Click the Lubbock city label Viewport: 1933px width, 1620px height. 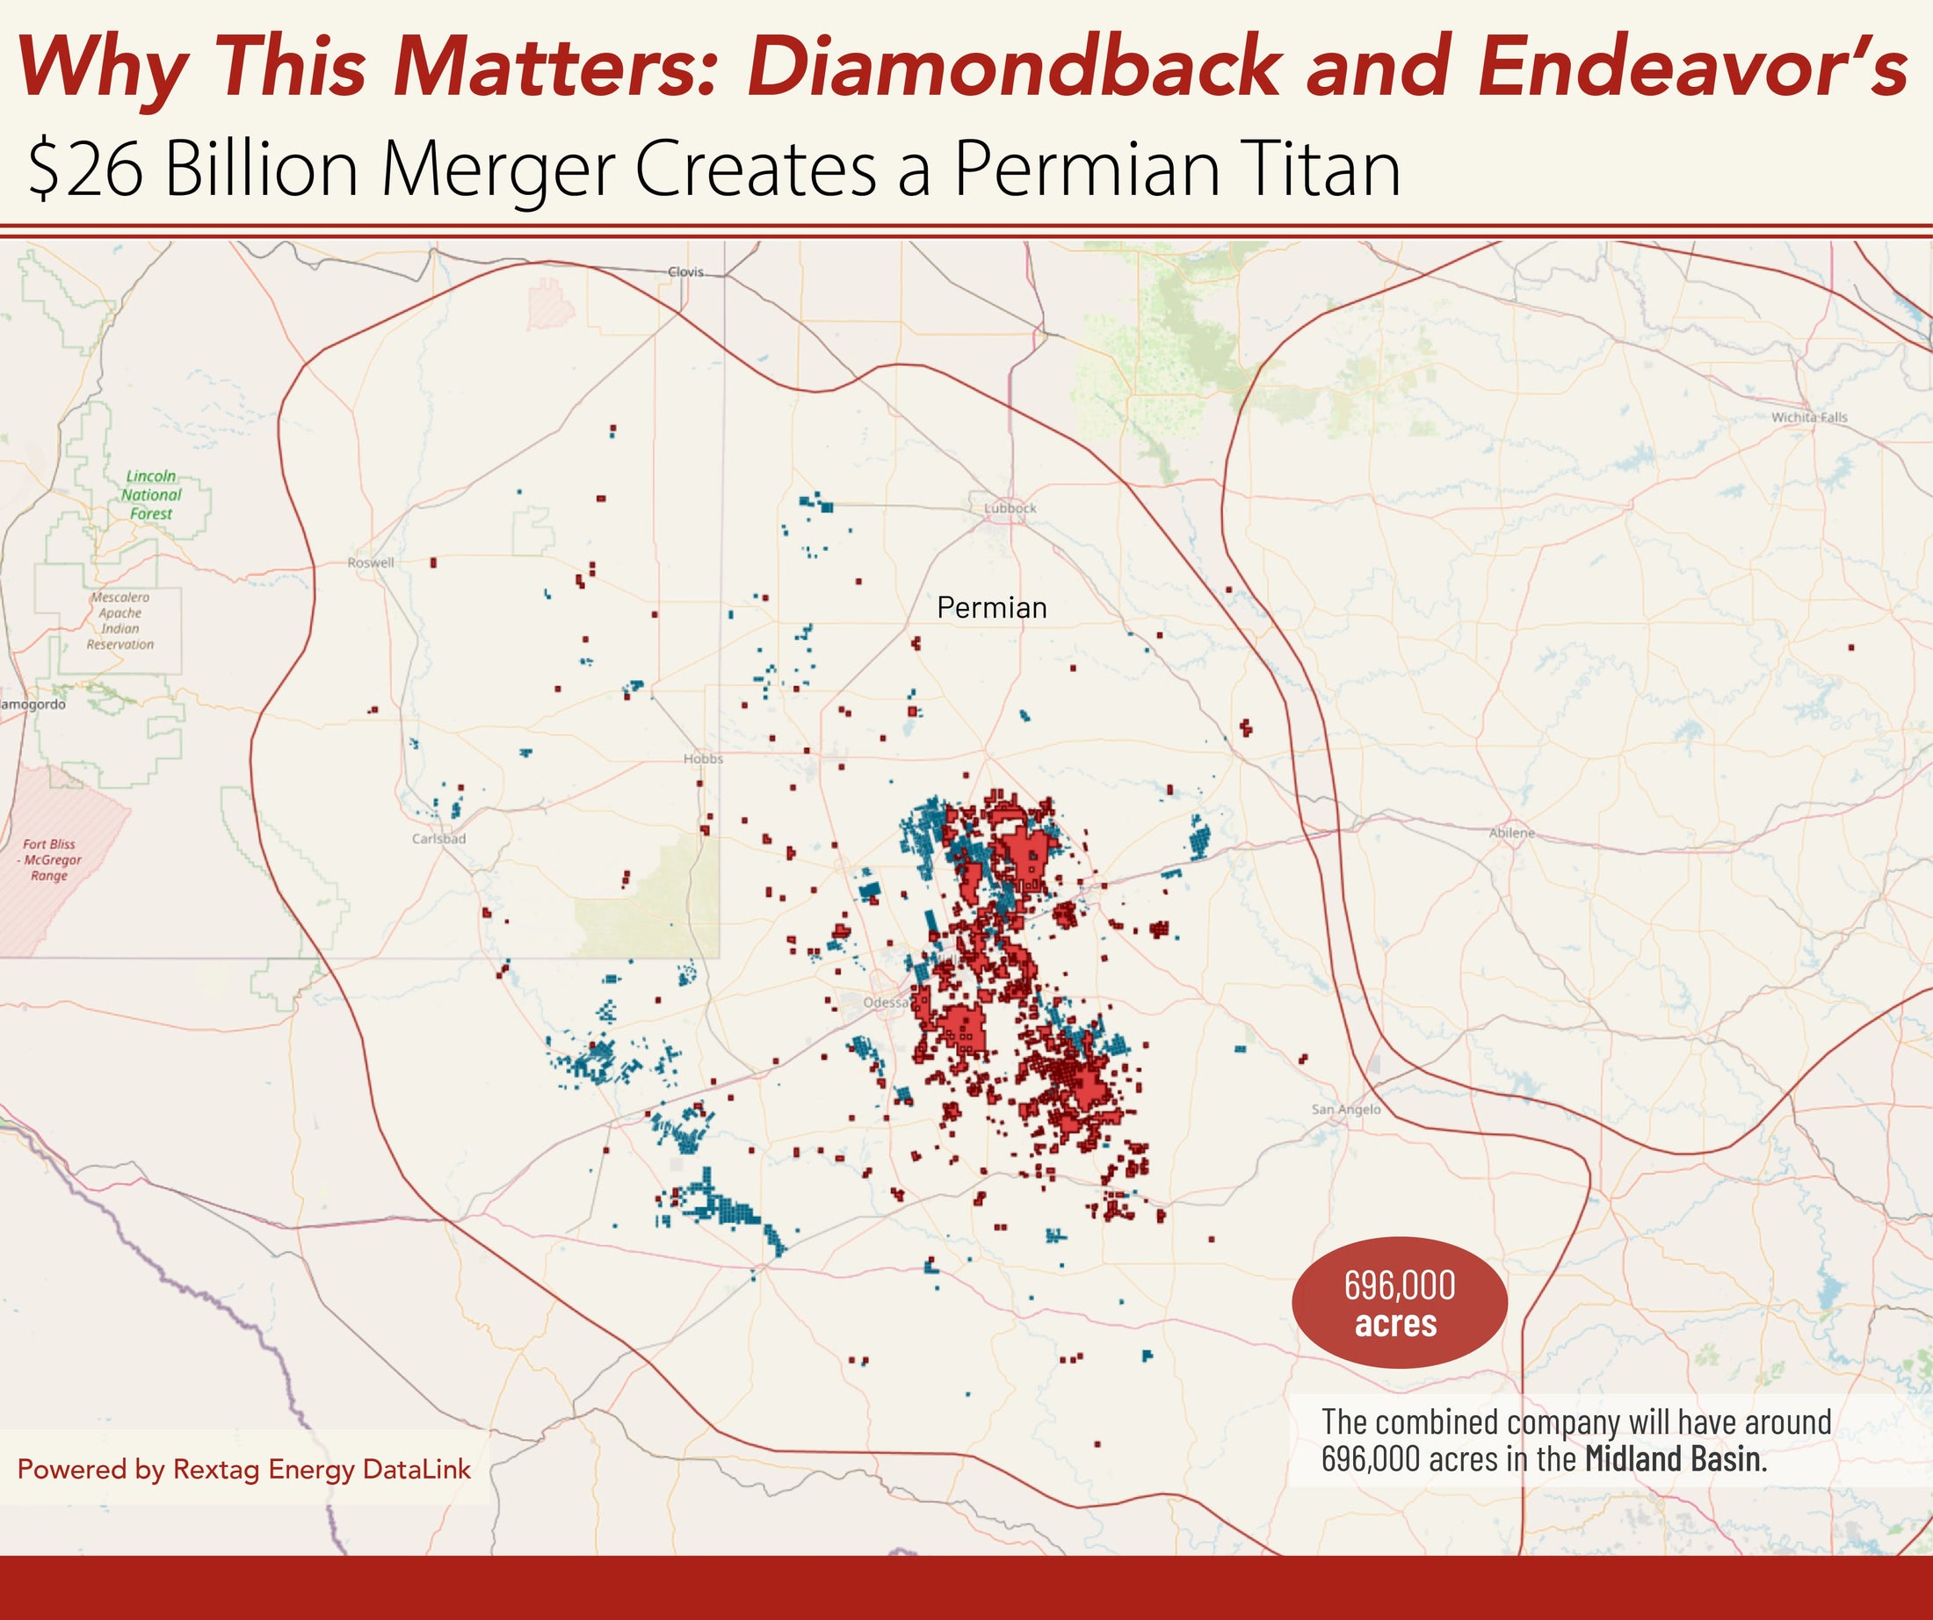[1010, 508]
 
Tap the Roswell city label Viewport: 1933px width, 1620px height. [370, 562]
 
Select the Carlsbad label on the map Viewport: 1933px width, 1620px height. [438, 838]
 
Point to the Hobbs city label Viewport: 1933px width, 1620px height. [703, 758]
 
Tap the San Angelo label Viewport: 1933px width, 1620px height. [1346, 1110]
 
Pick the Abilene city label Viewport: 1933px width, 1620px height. [1511, 833]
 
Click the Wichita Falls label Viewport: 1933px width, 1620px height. [1809, 417]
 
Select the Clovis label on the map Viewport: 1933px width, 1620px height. [685, 271]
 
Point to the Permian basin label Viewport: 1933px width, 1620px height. [991, 608]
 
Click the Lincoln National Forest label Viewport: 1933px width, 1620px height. [151, 495]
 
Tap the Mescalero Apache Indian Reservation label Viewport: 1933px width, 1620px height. [119, 620]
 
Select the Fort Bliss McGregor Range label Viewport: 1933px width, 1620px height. [52, 860]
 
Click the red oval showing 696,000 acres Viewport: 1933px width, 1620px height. [1399, 1303]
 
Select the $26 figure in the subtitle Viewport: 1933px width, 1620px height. [84, 170]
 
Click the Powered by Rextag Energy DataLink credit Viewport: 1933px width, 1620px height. [244, 1469]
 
